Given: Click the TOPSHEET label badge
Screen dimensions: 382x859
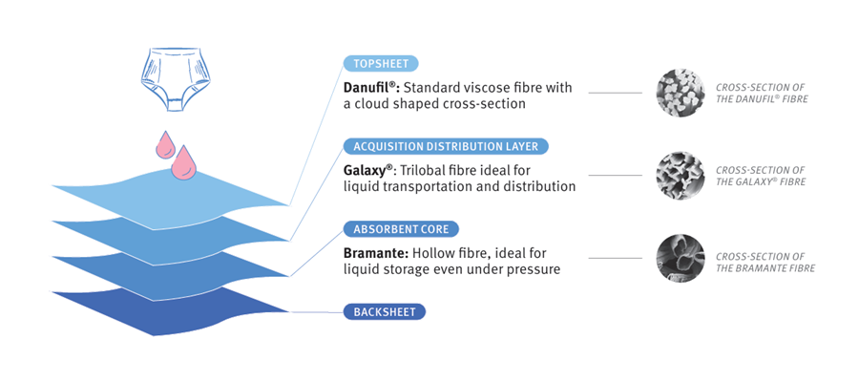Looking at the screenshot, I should pyautogui.click(x=381, y=64).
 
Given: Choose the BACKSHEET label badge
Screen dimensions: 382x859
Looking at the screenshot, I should pyautogui.click(x=384, y=312).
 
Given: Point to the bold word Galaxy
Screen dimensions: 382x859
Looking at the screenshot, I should pyautogui.click(x=365, y=170).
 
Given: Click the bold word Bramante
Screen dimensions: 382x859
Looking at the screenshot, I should pyautogui.click(x=373, y=253).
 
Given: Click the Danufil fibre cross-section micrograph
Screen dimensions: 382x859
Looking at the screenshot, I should pyautogui.click(x=680, y=93).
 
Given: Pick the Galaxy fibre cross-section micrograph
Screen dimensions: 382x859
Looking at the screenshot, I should pyautogui.click(x=680, y=175).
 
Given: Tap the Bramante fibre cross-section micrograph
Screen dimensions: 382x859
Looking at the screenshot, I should pyautogui.click(x=680, y=258).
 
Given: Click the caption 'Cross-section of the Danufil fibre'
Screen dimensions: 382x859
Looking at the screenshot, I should pyautogui.click(x=761, y=93).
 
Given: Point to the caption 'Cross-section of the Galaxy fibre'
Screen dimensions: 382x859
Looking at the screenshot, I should pyautogui.click(x=761, y=176).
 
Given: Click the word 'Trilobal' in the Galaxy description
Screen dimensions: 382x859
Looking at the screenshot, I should pyautogui.click(x=428, y=170).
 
